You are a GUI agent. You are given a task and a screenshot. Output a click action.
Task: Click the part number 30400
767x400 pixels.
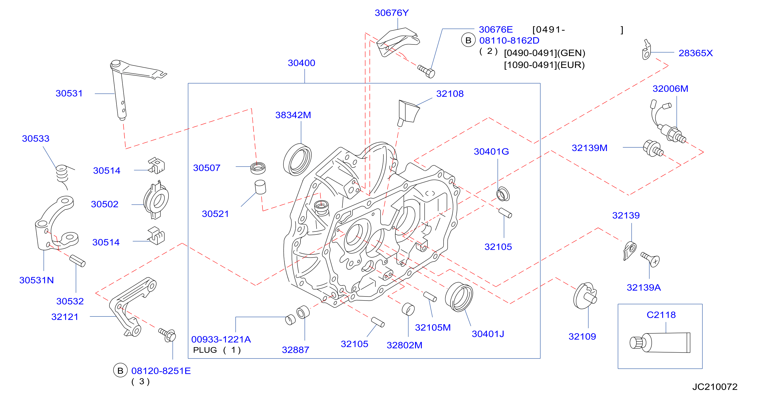301,63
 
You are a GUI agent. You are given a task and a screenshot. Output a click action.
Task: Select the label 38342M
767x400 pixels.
293,115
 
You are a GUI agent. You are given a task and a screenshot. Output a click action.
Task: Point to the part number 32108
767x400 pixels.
450,94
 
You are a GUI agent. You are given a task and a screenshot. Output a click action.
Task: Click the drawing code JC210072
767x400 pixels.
715,387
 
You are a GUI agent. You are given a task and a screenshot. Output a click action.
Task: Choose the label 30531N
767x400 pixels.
36,280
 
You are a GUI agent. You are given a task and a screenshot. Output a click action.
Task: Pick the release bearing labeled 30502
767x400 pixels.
156,200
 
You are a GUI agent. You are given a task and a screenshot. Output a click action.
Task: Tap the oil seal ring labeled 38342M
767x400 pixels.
297,160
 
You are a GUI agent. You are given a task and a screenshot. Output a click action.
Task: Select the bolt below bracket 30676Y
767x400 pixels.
426,71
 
